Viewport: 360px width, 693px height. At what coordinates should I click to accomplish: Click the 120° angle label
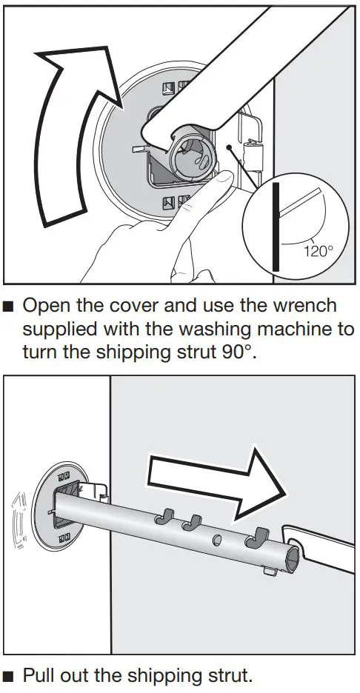pyautogui.click(x=318, y=251)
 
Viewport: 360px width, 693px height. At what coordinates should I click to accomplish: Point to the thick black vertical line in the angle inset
pyautogui.click(x=274, y=226)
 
